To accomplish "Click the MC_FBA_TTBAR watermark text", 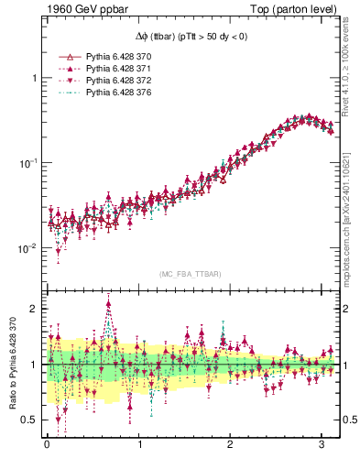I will pyautogui.click(x=190, y=275).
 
